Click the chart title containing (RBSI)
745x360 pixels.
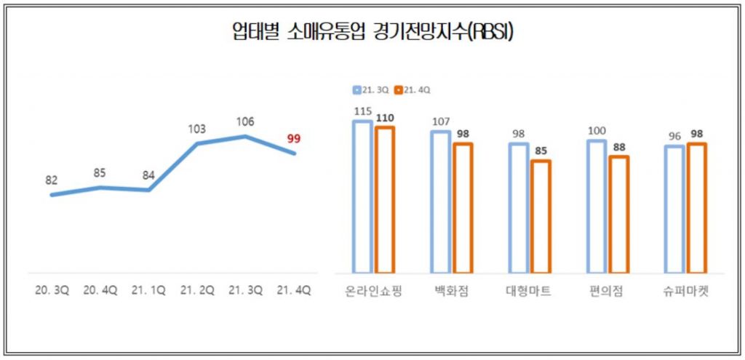click(372, 33)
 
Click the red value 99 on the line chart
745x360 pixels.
click(293, 138)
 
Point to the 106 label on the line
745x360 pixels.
click(245, 121)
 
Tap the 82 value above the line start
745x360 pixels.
click(51, 180)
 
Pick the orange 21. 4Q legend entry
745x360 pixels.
click(413, 90)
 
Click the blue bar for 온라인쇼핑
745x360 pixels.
click(362, 196)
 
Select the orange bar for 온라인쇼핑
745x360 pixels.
click(385, 199)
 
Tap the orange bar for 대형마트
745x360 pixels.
click(541, 216)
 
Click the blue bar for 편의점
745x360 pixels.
click(596, 206)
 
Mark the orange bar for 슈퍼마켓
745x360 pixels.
click(697, 207)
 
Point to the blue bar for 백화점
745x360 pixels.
click(440, 201)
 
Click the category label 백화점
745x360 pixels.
click(451, 292)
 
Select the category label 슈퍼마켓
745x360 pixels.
click(685, 292)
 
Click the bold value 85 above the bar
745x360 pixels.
click(541, 151)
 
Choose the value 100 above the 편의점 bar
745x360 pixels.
click(596, 130)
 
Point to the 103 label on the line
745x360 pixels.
click(197, 129)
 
